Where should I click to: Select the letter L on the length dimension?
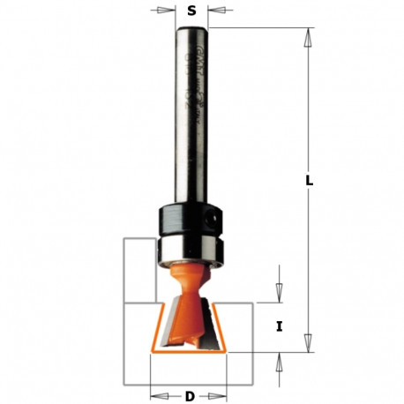[309, 181]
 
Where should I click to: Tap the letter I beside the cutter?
[279, 326]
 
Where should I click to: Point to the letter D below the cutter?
[190, 396]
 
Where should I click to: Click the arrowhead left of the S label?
[168, 11]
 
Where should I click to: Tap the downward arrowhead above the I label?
[279, 297]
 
